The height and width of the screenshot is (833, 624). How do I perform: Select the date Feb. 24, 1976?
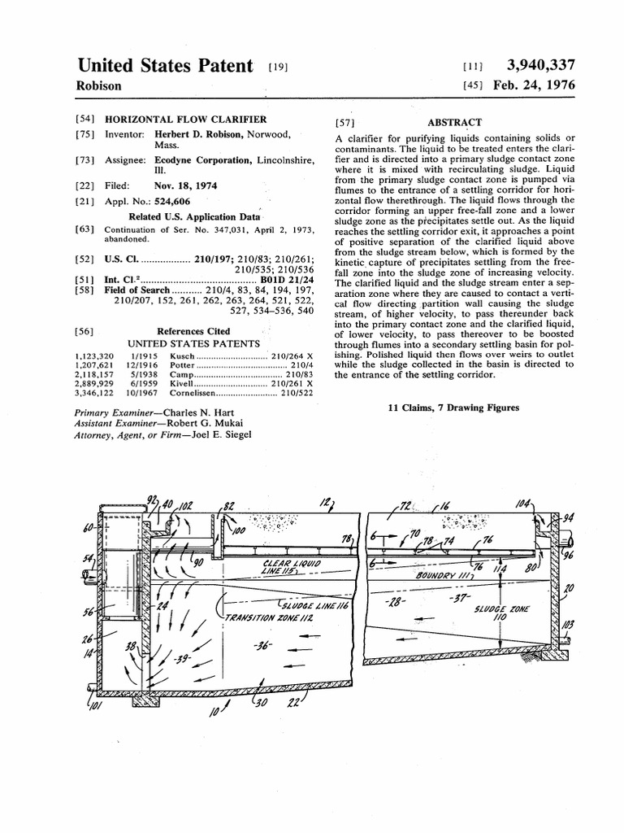539,85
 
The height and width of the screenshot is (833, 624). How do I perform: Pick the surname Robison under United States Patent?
99,85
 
